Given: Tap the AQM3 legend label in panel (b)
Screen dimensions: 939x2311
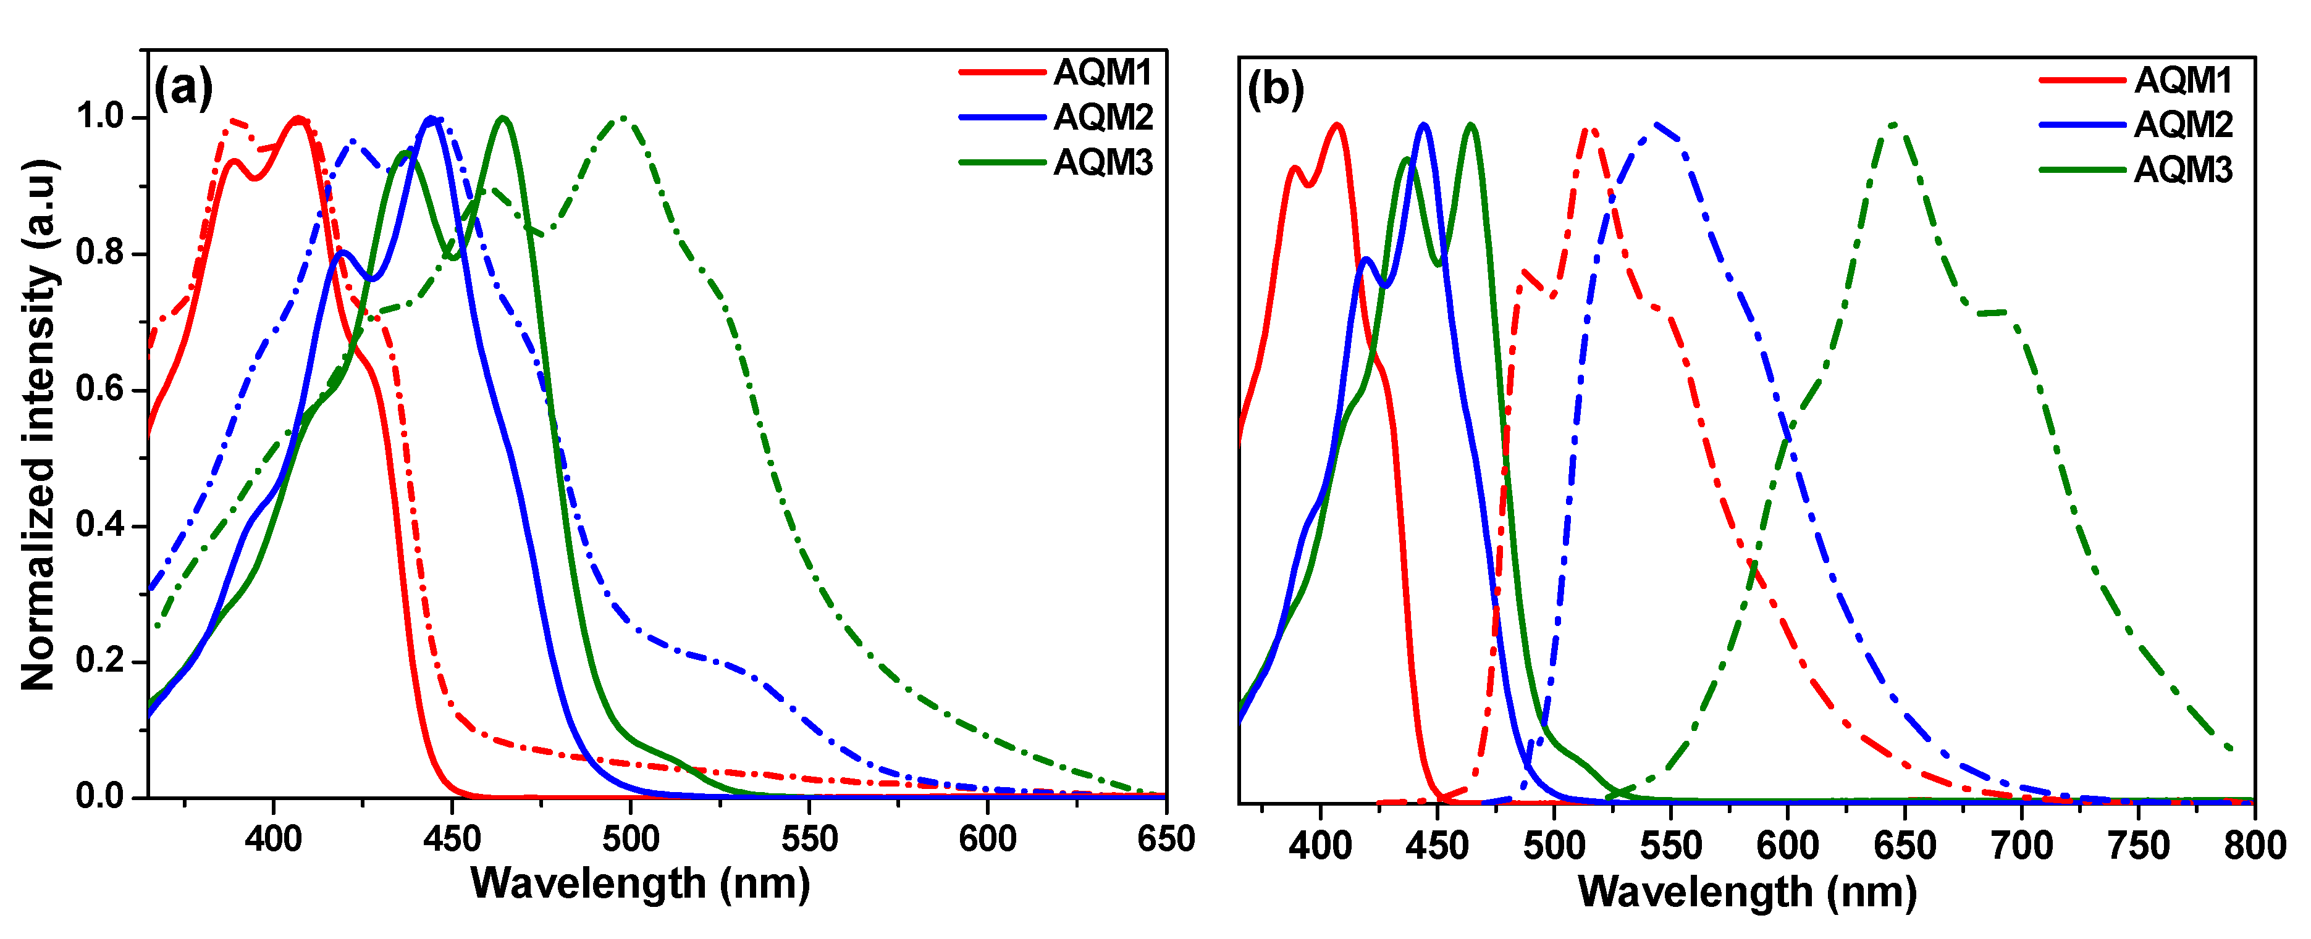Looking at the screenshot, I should coord(2182,170).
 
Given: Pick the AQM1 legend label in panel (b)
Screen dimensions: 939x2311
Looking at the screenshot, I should coord(2182,81).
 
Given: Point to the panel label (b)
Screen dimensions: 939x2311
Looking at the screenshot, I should coord(1275,90).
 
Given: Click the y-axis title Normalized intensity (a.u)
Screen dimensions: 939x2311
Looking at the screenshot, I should coord(38,424).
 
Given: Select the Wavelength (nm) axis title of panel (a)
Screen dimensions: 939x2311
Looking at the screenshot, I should coord(639,883).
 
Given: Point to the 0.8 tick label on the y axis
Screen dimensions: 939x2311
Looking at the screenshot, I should coord(99,253).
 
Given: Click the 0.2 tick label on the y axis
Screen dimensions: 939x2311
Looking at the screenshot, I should coord(99,661).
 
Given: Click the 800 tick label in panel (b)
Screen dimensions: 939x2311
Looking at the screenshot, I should coord(2253,846).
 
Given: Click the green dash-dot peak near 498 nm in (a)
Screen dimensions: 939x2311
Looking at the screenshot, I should coord(623,119).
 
